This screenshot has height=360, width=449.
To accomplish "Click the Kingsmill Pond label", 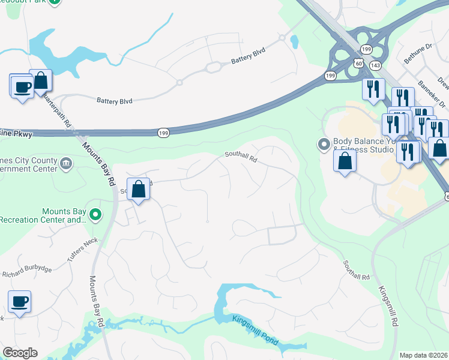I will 255,329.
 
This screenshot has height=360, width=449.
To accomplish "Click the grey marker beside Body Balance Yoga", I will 324,144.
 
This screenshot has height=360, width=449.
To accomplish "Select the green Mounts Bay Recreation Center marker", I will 95,214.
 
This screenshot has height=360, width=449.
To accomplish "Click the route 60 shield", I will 358,62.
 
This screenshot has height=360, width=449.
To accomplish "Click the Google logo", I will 20,352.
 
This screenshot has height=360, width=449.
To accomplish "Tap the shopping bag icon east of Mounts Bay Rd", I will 138,190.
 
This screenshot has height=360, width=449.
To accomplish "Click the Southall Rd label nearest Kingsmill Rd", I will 357,271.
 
